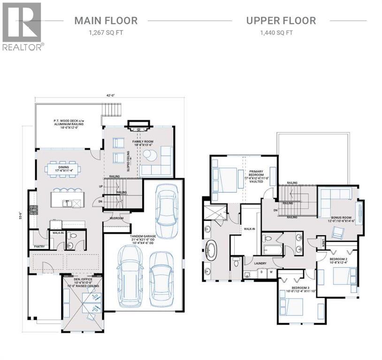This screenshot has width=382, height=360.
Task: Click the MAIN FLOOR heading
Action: (106, 21)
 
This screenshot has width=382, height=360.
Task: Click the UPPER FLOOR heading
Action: (281, 21)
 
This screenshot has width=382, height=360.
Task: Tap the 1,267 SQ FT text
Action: (106, 33)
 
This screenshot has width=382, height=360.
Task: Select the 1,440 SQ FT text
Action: (281, 33)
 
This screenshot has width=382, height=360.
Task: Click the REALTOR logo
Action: (22, 26)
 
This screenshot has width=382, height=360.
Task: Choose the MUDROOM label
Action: (117, 218)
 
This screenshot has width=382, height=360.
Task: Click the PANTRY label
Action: (39, 246)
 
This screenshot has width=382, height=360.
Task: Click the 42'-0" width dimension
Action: (110, 96)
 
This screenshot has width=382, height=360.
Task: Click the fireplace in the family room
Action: (138, 126)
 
